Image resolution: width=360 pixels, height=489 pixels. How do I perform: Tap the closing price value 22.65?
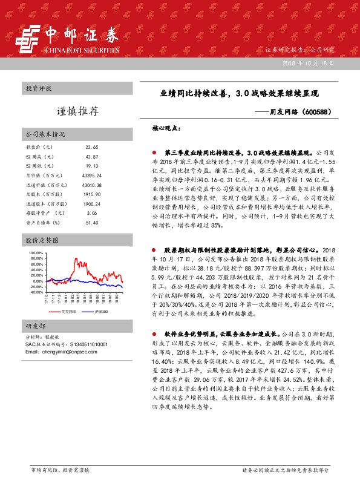point(92,148)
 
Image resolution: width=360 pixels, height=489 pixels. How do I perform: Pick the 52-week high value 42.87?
point(92,157)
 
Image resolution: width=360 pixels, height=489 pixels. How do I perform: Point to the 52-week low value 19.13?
point(92,166)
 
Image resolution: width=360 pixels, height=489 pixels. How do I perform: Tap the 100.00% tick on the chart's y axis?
point(35,252)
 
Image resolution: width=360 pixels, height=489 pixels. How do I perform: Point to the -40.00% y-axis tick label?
point(35,292)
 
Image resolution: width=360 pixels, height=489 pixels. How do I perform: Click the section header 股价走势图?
point(39,240)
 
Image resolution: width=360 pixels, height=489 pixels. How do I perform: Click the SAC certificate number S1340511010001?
point(88,344)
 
